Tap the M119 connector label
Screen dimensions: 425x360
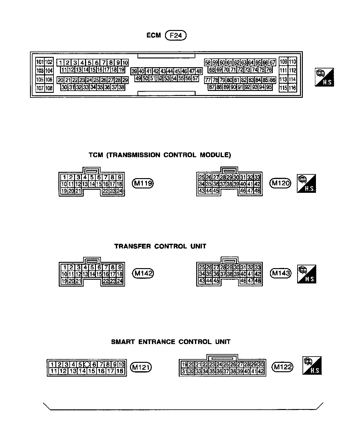143,183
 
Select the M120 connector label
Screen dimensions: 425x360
280,183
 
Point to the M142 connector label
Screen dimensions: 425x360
143,274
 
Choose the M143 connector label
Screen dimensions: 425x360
280,274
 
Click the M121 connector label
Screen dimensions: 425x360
141,367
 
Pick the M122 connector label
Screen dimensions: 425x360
282,367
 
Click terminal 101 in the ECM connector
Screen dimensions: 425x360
40,62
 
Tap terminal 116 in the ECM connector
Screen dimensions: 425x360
292,88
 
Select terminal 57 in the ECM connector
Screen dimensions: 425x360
195,78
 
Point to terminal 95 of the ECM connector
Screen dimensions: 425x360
269,87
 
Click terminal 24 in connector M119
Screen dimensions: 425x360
119,191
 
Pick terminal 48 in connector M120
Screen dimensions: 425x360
257,191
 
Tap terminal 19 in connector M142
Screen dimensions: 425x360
64,281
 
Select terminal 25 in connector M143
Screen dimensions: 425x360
202,267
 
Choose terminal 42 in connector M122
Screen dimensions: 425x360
261,371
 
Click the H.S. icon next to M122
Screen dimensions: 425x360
312,365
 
